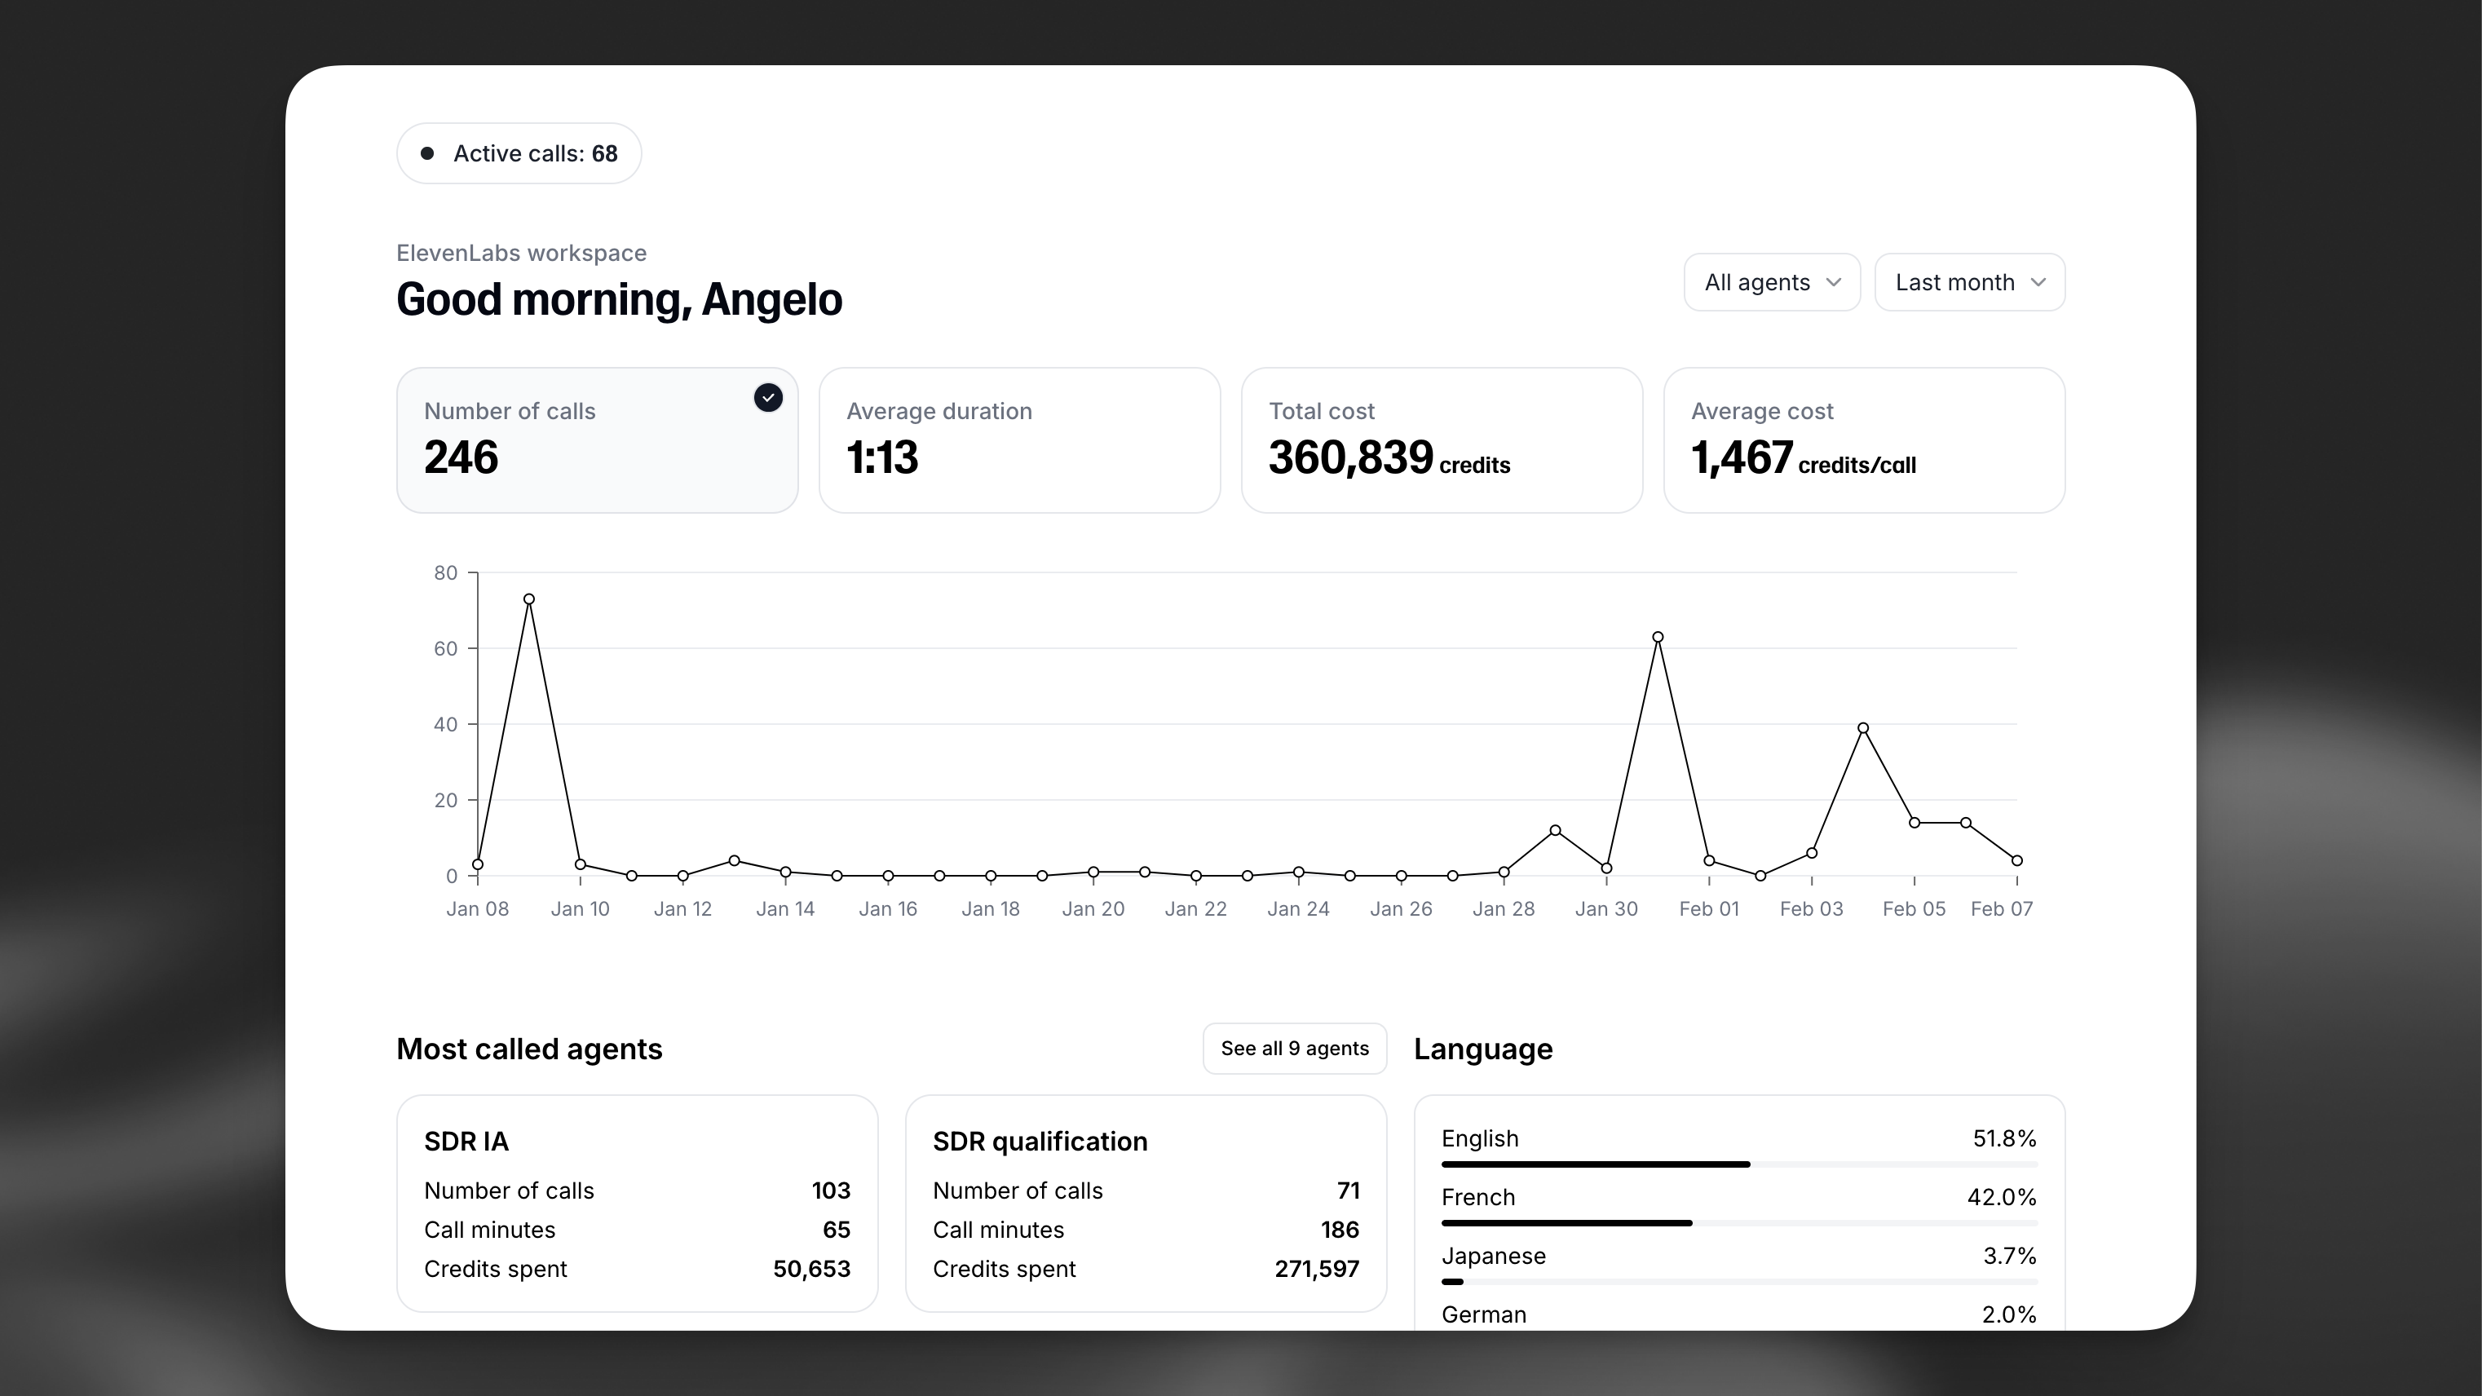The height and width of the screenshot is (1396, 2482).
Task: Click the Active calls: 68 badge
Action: click(519, 153)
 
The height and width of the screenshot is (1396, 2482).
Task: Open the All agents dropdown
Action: click(1771, 282)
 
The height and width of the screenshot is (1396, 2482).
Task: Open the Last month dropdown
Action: click(1968, 282)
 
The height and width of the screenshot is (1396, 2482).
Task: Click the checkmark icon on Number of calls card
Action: click(768, 398)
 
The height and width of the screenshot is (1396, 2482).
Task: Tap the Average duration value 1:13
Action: click(881, 457)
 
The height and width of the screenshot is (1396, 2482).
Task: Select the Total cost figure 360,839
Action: click(1351, 457)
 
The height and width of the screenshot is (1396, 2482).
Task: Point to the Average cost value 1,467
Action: click(1742, 457)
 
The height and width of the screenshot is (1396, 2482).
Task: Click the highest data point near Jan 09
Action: click(529, 599)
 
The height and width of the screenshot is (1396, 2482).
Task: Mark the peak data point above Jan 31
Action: click(1657, 637)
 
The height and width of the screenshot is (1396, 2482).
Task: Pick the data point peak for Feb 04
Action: click(1862, 728)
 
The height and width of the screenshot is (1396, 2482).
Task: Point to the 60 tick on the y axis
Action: click(445, 648)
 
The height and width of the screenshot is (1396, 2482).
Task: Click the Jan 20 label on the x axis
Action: click(1093, 908)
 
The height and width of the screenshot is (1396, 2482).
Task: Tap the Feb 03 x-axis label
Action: click(1810, 908)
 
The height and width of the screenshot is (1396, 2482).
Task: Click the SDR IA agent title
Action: click(466, 1142)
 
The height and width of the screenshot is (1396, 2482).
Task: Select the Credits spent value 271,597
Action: click(1316, 1269)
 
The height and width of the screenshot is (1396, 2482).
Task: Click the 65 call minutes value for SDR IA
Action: click(837, 1230)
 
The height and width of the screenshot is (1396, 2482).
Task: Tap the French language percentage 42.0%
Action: click(2001, 1198)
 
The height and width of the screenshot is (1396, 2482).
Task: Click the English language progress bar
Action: click(1596, 1164)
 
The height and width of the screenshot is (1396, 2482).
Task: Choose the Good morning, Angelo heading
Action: click(620, 299)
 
